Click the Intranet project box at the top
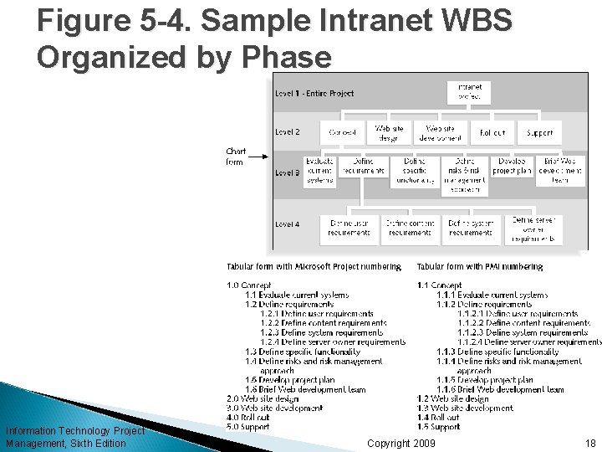pyautogui.click(x=469, y=92)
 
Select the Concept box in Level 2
pyautogui.click(x=343, y=131)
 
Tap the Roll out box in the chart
pyautogui.click(x=492, y=131)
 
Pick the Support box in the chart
pyautogui.click(x=539, y=131)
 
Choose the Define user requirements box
pyautogui.click(x=349, y=228)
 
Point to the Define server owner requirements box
pyautogui.click(x=533, y=229)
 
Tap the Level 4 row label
pyautogui.click(x=288, y=223)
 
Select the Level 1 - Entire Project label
pyautogui.click(x=314, y=93)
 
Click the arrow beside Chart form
pyautogui.click(x=259, y=156)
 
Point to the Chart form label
pyautogui.click(x=236, y=157)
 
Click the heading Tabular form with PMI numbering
pyautogui.click(x=479, y=267)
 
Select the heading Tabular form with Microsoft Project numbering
pyautogui.click(x=314, y=267)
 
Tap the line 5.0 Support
pyautogui.click(x=249, y=426)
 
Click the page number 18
pyautogui.click(x=590, y=443)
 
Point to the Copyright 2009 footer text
pyautogui.click(x=401, y=443)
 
